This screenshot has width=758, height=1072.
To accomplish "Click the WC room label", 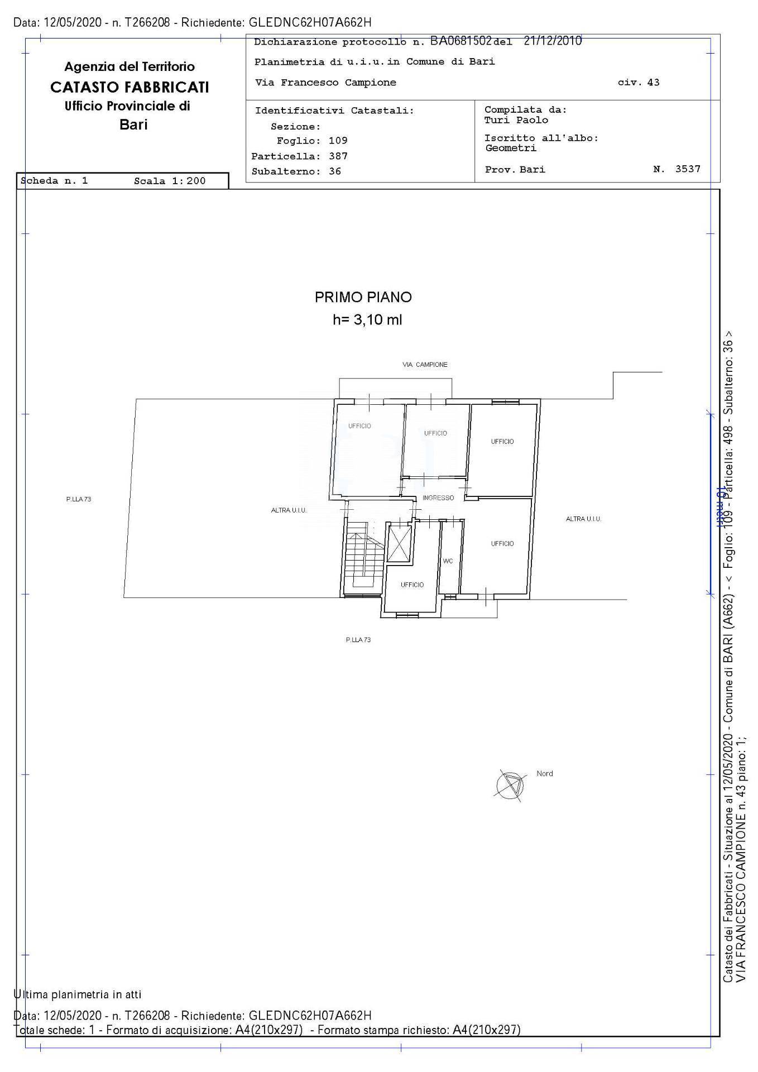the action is pyautogui.click(x=448, y=561).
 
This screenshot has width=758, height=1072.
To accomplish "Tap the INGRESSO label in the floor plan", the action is pyautogui.click(x=438, y=497).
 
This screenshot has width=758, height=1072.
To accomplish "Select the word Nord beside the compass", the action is pyautogui.click(x=545, y=773).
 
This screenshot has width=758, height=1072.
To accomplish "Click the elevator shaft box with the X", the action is pyautogui.click(x=399, y=543).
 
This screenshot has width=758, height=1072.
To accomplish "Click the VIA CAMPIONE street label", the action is pyautogui.click(x=425, y=365).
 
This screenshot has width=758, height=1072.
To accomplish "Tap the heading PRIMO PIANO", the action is pyautogui.click(x=363, y=297).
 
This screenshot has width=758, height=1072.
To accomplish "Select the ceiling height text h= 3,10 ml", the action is pyautogui.click(x=367, y=320).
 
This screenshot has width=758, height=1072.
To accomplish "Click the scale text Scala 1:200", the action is pyautogui.click(x=170, y=181).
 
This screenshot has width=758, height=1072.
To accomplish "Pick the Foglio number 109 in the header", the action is pyautogui.click(x=338, y=141).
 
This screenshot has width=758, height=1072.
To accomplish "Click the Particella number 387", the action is pyautogui.click(x=338, y=156).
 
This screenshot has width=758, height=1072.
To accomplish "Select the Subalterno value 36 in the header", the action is pyautogui.click(x=334, y=171).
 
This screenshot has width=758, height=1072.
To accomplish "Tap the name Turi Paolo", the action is pyautogui.click(x=516, y=120).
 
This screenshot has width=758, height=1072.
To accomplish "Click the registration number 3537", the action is pyautogui.click(x=688, y=169).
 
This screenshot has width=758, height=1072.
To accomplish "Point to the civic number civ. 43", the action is pyautogui.click(x=639, y=83).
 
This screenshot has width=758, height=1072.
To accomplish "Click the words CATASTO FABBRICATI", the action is pyautogui.click(x=129, y=87).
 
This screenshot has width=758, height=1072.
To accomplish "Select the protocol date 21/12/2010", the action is pyautogui.click(x=553, y=41).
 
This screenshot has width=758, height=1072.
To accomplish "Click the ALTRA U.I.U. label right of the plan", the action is pyautogui.click(x=583, y=519).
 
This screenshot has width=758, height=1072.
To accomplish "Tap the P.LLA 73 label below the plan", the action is pyautogui.click(x=358, y=640).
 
